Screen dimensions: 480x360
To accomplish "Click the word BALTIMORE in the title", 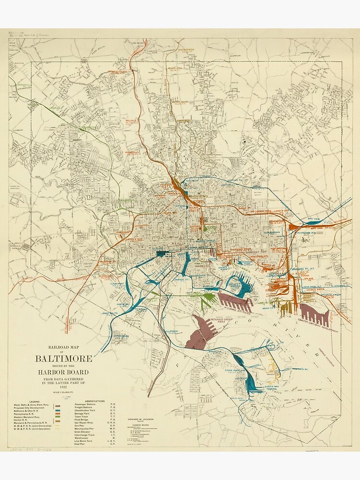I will tap(63, 358).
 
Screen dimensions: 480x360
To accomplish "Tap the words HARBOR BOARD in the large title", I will tap(63, 372).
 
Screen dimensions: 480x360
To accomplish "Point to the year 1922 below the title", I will tap(63, 386).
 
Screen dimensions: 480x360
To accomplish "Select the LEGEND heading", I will tap(34, 401).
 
